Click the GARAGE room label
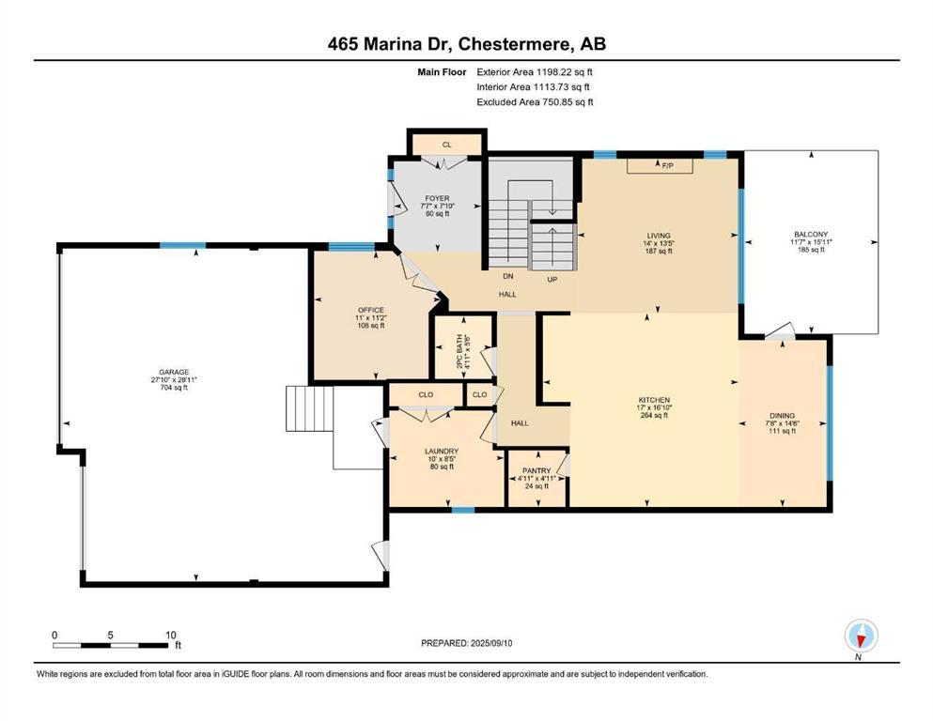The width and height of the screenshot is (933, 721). [174, 372]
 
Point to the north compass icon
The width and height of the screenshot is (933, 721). [861, 637]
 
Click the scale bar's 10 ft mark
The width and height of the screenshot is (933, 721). [171, 635]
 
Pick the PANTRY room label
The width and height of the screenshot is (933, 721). [536, 470]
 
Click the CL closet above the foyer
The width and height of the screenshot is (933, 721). [447, 145]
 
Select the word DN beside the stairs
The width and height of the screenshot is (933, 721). [508, 276]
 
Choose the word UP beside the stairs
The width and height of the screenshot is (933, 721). [552, 279]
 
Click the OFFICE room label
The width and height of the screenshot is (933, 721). [371, 310]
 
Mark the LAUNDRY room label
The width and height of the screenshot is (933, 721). [442, 452]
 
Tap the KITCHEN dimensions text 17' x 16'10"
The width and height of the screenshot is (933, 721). [655, 407]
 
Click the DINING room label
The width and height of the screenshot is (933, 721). [782, 416]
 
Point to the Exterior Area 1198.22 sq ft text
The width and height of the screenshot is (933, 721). [535, 72]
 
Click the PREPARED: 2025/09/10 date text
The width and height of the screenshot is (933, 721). [466, 643]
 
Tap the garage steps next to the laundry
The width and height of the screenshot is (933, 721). [309, 408]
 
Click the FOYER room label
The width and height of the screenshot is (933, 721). [437, 198]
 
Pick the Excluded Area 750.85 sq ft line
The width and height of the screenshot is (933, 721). [535, 101]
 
